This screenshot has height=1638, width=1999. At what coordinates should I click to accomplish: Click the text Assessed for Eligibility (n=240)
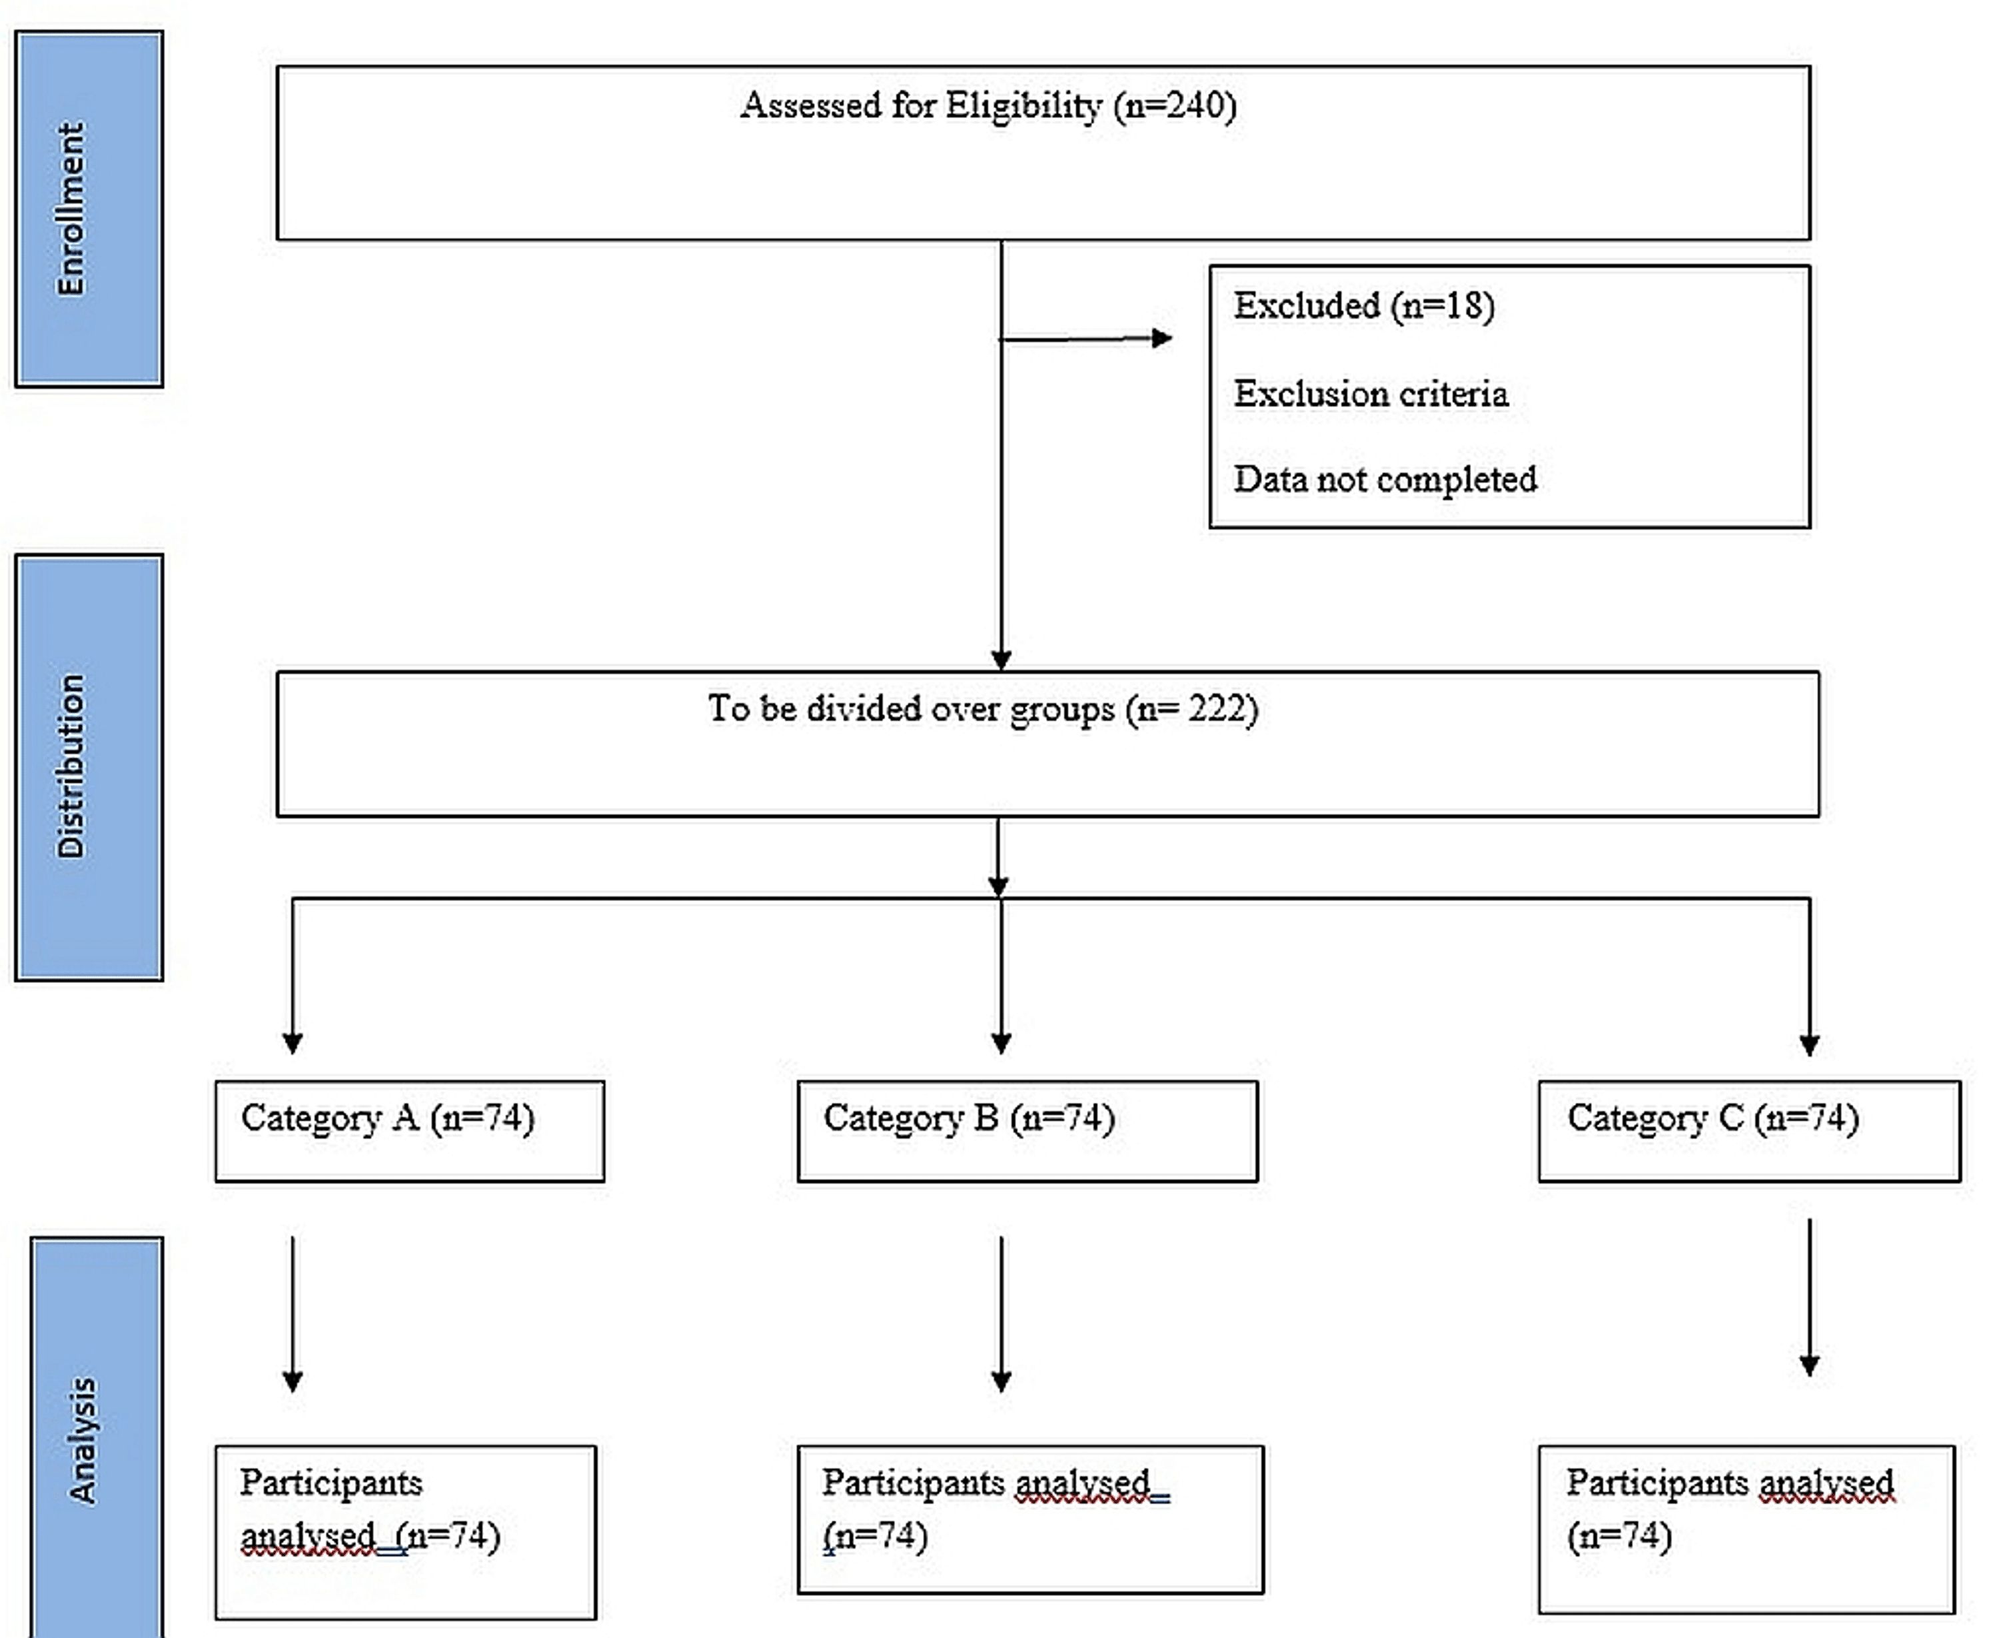point(988,105)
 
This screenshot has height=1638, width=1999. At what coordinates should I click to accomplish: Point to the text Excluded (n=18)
point(1363,306)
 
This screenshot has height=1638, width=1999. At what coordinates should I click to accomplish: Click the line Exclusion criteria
point(1370,393)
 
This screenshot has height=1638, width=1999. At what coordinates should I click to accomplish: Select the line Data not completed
point(1384,479)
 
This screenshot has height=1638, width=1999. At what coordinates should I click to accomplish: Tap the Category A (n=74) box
point(408,1130)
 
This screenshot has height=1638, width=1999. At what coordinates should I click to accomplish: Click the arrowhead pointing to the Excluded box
point(1162,338)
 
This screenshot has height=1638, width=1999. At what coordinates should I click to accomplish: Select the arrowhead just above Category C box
point(1808,1044)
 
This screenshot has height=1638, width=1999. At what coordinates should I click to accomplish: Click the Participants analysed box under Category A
point(406,1531)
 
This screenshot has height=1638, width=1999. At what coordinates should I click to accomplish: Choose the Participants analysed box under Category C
point(1746,1529)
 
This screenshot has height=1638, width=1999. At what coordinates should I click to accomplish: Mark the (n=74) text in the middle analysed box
point(876,1536)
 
